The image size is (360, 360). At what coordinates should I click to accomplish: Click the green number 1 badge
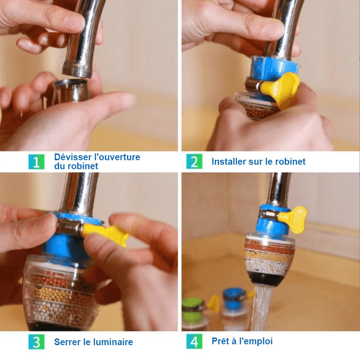coord(36,162)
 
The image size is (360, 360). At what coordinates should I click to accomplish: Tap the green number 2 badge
coord(194,162)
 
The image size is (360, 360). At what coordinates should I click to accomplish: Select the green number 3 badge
coord(36,342)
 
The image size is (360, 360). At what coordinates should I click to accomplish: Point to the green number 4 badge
coord(194,342)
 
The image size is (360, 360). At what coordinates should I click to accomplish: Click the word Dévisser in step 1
coord(73,157)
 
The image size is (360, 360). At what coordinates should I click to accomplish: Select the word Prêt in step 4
coord(221,341)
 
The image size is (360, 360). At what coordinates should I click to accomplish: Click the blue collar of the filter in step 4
coord(269,223)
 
